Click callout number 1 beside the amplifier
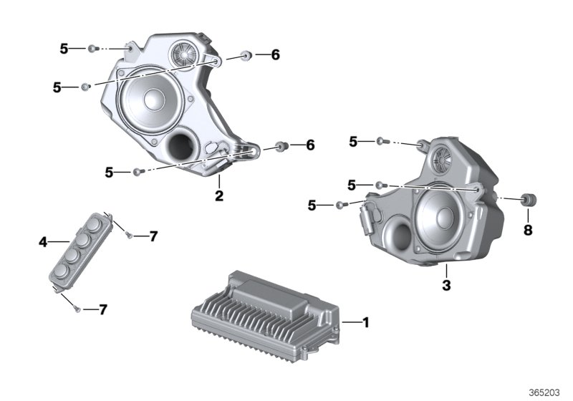point(365,323)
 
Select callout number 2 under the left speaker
point(220,195)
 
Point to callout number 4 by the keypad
point(43,243)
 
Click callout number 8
point(528,231)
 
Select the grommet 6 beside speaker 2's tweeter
point(246,54)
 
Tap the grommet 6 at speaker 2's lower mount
point(280,146)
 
